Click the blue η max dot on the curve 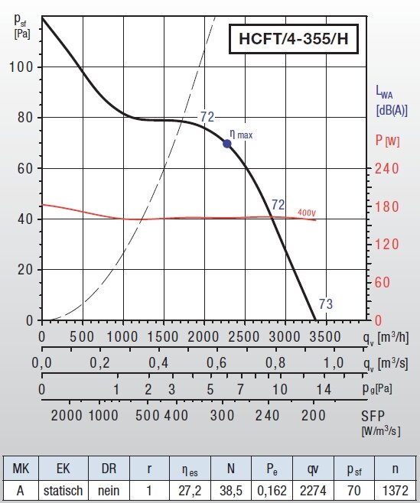coord(227,144)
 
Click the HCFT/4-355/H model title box coord(294,39)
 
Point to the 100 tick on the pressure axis coord(21,67)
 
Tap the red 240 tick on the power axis coord(387,168)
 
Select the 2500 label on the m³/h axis coord(243,337)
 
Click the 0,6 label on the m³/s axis coord(217,363)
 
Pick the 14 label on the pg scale coord(324,389)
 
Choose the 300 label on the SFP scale coord(222,415)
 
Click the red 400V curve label coord(307,213)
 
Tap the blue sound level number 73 coord(326,303)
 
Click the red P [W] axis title coord(388,140)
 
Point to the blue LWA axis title coord(392,100)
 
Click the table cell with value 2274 coord(313,491)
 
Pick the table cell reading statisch coord(63,491)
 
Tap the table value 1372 coord(396,491)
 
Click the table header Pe coord(272,469)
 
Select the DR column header coord(109,469)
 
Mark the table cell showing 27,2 coord(190,491)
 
